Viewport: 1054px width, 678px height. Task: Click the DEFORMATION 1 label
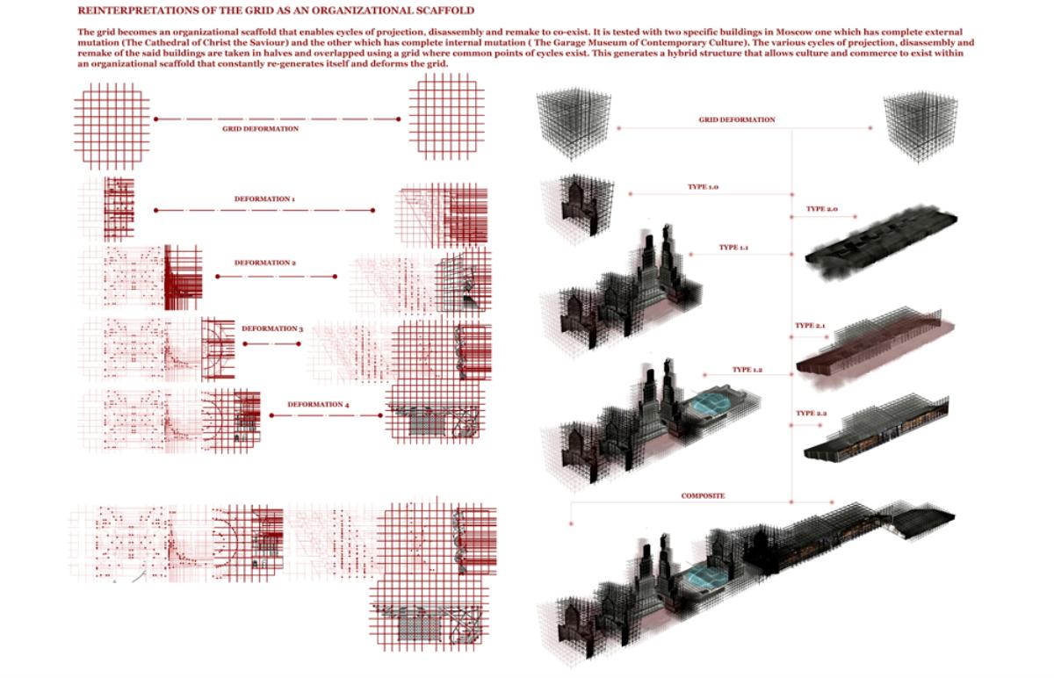click(264, 199)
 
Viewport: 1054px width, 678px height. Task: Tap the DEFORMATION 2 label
click(265, 263)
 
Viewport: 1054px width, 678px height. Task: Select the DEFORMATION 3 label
click(272, 328)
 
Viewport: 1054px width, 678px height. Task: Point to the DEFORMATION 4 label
click(318, 404)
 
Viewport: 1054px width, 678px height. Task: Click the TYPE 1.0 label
click(703, 187)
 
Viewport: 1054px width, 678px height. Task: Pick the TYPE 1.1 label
click(733, 247)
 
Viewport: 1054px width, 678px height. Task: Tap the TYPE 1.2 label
click(747, 370)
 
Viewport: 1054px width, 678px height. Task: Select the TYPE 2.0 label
click(822, 208)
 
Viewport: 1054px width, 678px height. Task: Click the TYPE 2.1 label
click(810, 325)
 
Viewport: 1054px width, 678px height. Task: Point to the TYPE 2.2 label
click(812, 413)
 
